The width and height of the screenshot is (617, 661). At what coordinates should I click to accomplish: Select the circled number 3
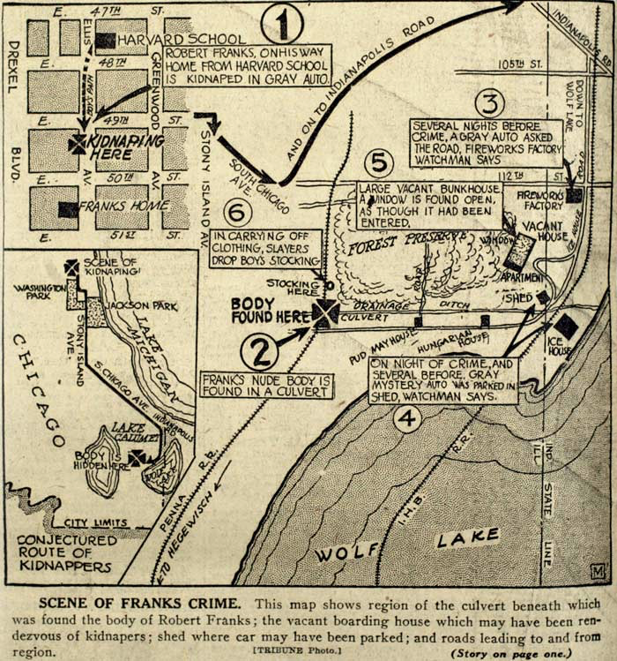pos(490,102)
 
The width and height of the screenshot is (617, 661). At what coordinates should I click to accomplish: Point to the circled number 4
pos(406,419)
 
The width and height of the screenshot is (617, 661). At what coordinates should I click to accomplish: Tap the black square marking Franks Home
pos(67,210)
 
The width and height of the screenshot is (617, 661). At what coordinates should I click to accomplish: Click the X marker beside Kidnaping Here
pos(78,144)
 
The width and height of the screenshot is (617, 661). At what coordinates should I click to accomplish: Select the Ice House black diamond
pos(566,327)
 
